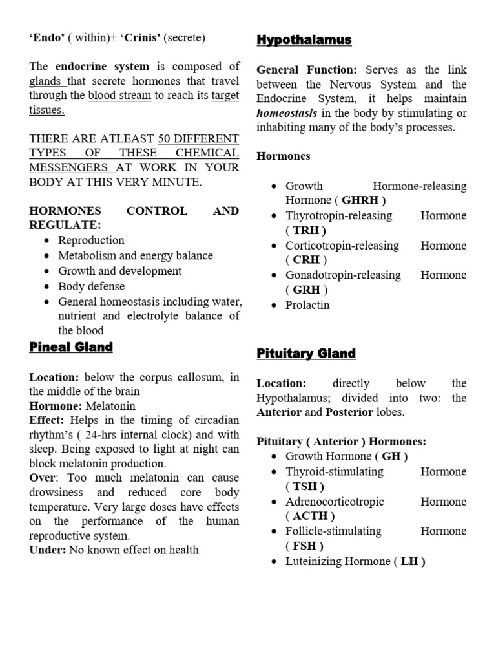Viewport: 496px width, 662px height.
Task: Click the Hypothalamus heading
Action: (x=304, y=40)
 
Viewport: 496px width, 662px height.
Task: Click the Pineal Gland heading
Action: (x=71, y=347)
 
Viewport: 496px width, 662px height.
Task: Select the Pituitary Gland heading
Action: (x=306, y=353)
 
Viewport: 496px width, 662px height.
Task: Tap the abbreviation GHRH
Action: (x=364, y=200)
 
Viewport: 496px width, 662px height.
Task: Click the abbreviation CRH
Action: (x=306, y=260)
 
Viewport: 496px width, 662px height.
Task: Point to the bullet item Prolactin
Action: (x=307, y=305)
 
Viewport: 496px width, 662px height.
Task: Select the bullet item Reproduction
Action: (x=91, y=240)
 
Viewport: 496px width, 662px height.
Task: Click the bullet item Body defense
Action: (x=91, y=286)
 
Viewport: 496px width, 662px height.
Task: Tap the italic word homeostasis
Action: (x=287, y=113)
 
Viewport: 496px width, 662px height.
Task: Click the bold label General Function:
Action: (x=307, y=70)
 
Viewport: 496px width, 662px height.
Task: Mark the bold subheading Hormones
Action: (x=284, y=156)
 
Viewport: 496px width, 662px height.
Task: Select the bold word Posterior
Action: (x=349, y=412)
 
